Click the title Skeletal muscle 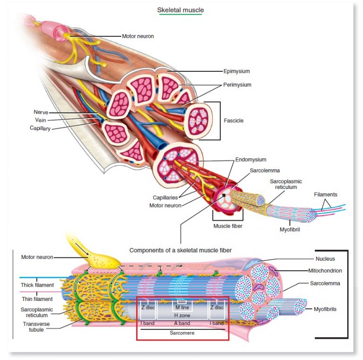(181, 10)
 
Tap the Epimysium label (236, 71)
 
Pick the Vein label (42, 120)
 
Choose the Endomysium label (251, 160)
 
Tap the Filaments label (326, 195)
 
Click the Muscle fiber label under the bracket (228, 225)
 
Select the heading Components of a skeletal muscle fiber (181, 250)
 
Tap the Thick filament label (37, 285)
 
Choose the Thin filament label (37, 299)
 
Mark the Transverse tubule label (35, 327)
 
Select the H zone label (182, 315)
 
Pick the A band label (182, 323)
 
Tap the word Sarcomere (182, 332)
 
